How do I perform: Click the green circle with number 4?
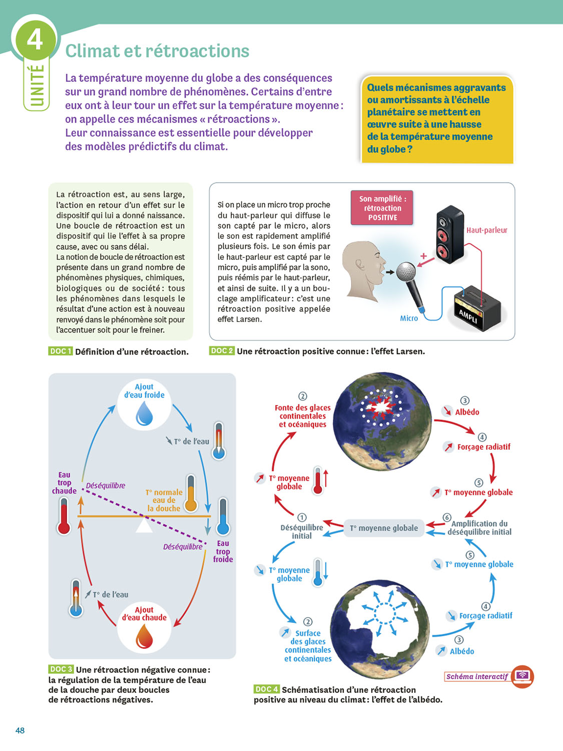coord(35,39)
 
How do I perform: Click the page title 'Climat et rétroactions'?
coord(157,51)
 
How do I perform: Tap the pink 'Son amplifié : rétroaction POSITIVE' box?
coord(382,208)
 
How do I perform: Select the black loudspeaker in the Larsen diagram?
coord(449,234)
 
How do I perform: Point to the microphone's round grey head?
coord(406,272)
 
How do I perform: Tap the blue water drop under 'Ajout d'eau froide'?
coord(145,414)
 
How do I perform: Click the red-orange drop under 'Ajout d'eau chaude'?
coord(144,636)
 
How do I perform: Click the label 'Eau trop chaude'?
coord(65,483)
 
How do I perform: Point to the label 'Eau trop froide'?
coord(223,551)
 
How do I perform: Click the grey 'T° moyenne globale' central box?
coord(384,528)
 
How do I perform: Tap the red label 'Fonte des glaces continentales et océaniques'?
coord(303,416)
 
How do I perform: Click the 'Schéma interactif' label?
coord(477,676)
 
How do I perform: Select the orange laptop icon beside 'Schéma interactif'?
coord(523,676)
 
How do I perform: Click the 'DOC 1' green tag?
coord(61,351)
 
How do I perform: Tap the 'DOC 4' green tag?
coord(266,689)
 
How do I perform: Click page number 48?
coord(20,730)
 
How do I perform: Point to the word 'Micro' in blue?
coord(409,318)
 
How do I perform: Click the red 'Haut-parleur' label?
coord(486,230)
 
